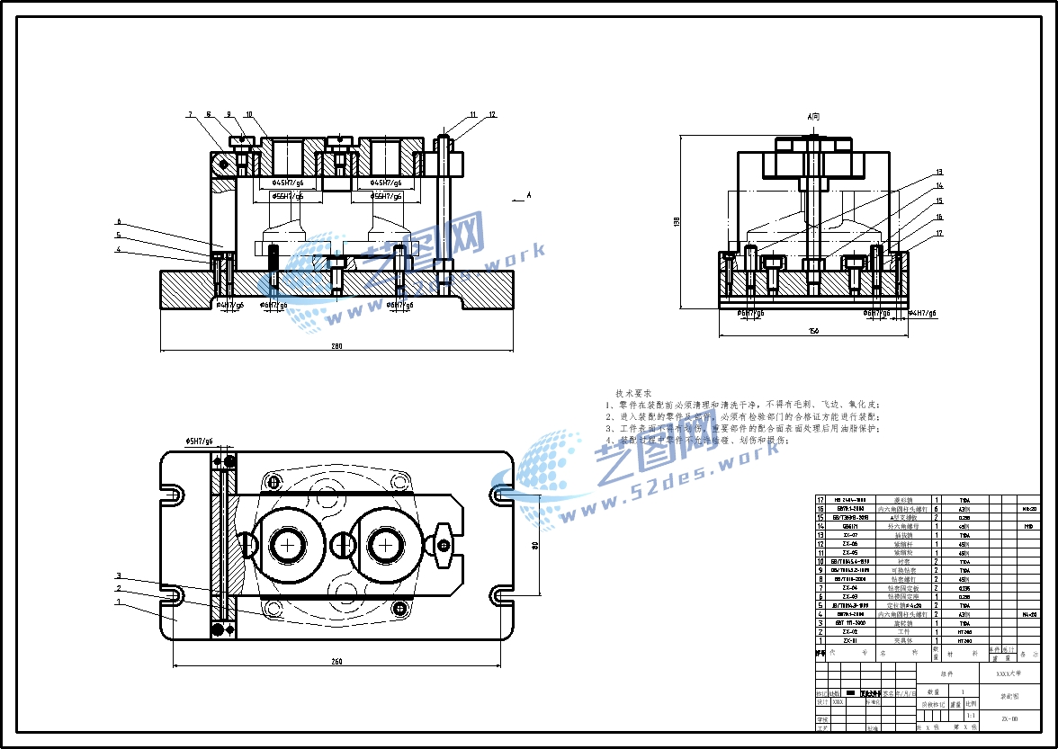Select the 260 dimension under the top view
[x=336, y=663]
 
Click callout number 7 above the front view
[x=191, y=115]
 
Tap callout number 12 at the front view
[x=492, y=115]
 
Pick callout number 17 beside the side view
[x=939, y=234]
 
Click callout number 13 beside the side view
[x=939, y=172]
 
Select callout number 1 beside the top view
[x=118, y=602]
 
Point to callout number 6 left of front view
[x=118, y=221]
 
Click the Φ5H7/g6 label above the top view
[x=199, y=441]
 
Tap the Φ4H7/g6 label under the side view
[x=922, y=313]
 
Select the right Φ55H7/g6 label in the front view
[x=387, y=196]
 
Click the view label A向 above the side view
[x=814, y=117]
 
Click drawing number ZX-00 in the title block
[x=1009, y=718]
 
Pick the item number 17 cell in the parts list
[x=820, y=500]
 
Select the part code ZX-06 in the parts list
[x=849, y=543]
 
